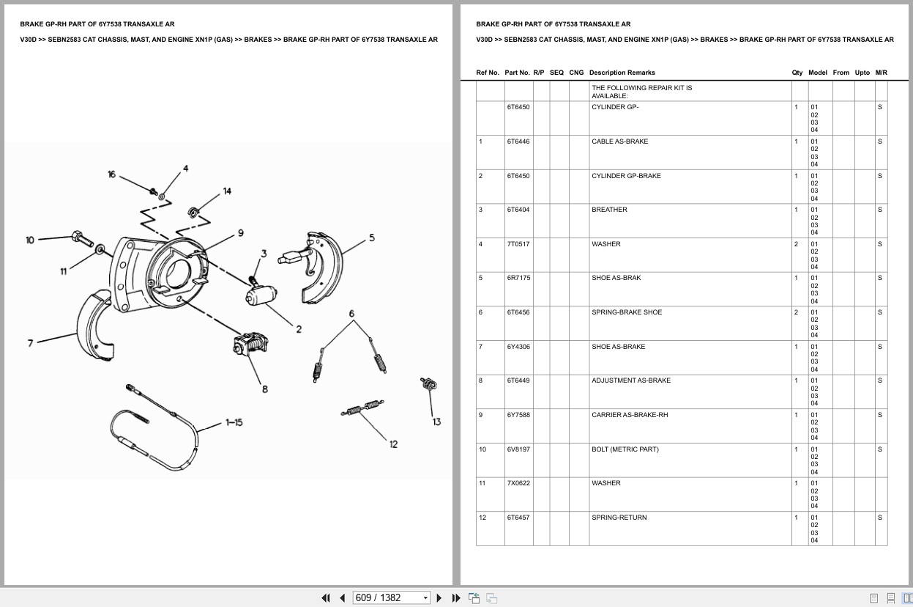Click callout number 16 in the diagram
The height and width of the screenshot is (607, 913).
pos(111,174)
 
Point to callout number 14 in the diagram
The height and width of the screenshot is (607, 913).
pos(227,191)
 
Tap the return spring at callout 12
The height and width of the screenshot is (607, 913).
pos(362,408)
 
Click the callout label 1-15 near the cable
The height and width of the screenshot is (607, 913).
pos(234,422)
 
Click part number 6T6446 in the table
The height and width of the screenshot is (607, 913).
pos(518,141)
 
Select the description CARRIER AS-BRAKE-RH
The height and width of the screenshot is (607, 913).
pos(629,415)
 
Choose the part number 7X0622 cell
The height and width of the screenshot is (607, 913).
pos(518,483)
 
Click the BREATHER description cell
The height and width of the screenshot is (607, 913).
pos(609,210)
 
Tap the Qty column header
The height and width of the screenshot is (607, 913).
pos(797,73)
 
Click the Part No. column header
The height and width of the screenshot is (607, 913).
pos(517,73)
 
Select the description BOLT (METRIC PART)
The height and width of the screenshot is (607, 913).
pos(625,449)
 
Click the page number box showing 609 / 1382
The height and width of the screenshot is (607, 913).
pos(391,597)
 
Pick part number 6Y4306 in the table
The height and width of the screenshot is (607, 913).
pos(518,347)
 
